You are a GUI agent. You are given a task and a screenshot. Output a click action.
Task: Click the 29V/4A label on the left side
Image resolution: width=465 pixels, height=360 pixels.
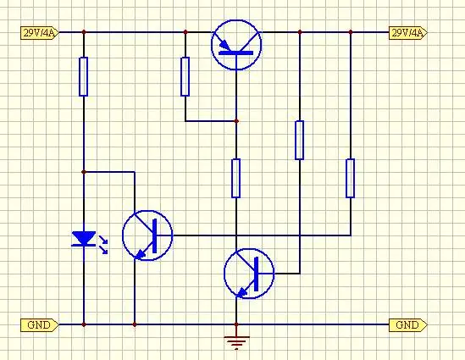coord(40,33)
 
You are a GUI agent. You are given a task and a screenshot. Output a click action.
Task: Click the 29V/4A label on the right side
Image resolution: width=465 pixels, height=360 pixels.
coord(408,33)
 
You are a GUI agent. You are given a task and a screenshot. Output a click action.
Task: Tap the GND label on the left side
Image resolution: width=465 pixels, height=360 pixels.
coord(40,325)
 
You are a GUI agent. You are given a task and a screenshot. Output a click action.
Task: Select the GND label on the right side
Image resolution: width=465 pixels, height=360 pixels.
coord(408,325)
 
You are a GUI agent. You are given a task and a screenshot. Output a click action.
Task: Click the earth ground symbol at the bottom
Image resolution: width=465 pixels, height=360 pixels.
coord(236,342)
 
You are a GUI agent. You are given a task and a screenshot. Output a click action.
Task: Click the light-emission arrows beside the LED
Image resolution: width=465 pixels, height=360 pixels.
coord(103,245)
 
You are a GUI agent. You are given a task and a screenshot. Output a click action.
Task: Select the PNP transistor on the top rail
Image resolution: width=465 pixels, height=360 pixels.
coord(236,45)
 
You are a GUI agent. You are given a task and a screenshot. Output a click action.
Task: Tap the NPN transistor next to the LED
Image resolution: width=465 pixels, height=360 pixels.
coord(147,235)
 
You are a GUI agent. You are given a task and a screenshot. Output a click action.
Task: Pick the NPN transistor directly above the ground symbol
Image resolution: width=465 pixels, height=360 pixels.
coord(249,274)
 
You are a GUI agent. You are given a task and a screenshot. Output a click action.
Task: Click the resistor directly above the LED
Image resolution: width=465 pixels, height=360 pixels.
coord(84,76)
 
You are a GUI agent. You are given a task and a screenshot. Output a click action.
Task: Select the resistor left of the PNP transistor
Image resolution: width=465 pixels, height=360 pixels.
coord(185,76)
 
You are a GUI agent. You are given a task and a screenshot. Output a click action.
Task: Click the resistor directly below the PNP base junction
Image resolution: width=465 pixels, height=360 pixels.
coord(236,178)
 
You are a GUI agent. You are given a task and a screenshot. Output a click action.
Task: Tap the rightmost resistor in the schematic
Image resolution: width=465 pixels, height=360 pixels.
coord(351,178)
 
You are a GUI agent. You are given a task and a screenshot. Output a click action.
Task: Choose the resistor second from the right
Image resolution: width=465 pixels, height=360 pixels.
coord(300,140)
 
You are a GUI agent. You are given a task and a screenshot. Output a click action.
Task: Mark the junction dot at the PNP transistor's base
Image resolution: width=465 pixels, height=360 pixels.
coord(236,121)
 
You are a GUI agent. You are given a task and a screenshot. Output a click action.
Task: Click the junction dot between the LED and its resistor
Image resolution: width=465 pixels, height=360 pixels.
coord(84,172)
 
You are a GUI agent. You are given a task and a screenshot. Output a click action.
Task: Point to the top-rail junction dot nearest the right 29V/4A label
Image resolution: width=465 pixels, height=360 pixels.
coord(351,32)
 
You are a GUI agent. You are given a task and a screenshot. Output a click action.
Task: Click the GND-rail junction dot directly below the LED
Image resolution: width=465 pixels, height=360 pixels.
coord(84,324)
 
